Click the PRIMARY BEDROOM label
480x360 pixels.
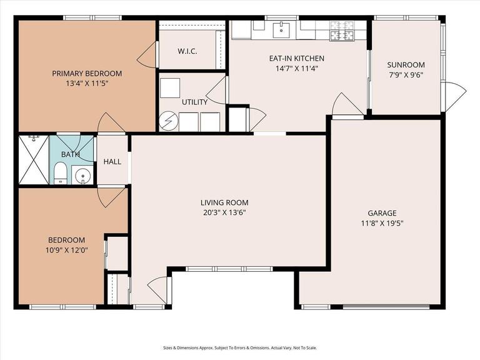(86, 73)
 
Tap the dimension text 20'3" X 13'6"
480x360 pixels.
(224, 212)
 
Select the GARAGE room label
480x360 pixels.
(382, 213)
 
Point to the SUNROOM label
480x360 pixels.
(406, 65)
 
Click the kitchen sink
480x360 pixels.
(281, 28)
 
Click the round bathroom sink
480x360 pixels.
(82, 176)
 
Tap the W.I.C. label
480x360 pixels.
(187, 51)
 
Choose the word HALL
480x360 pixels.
(112, 162)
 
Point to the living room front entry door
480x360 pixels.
(159, 289)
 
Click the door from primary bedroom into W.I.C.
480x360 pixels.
(147, 56)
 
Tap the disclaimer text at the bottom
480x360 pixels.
(240, 348)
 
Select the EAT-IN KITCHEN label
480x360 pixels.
(296, 58)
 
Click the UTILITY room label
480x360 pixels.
(194, 102)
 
